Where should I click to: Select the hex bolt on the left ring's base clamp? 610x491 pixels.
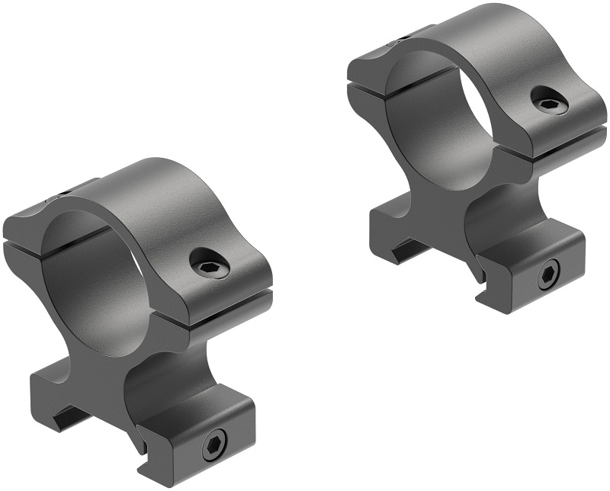coord(213,446)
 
